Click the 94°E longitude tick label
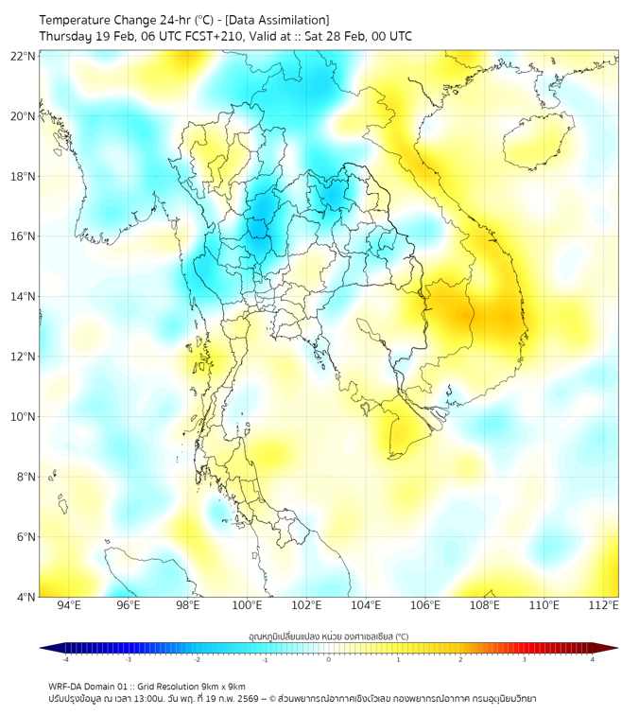click(x=69, y=605)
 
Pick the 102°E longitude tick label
click(x=306, y=605)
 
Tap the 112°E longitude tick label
click(x=603, y=605)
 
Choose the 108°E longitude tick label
click(x=485, y=605)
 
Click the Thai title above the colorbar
click(x=328, y=636)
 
